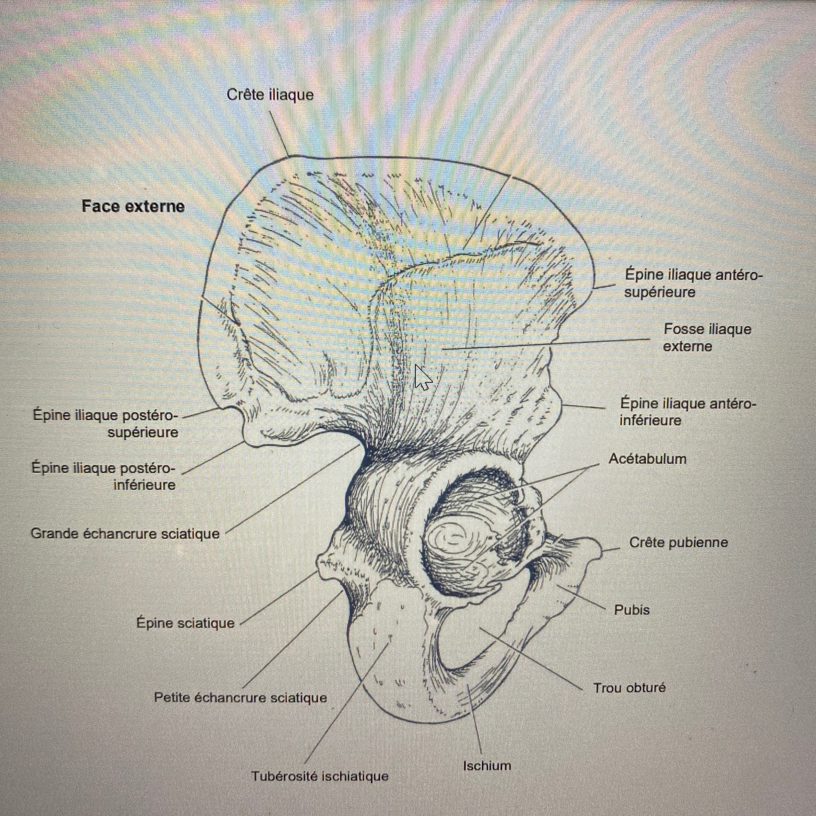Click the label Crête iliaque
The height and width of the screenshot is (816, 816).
tap(270, 95)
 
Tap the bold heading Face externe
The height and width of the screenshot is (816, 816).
tap(133, 206)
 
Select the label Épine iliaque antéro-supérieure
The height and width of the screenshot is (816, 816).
tap(692, 283)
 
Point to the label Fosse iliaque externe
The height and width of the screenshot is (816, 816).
tap(707, 338)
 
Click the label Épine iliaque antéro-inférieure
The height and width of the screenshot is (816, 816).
tap(688, 412)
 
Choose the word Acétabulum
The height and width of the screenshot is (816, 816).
tap(647, 459)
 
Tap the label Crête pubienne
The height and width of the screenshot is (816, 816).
tap(678, 543)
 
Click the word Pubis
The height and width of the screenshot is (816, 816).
tap(631, 610)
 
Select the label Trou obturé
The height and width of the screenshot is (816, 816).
tap(629, 688)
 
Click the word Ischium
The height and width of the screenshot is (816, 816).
tap(487, 766)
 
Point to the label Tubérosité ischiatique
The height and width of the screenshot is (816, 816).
tap(319, 776)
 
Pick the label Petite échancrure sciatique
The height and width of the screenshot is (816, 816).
tap(240, 697)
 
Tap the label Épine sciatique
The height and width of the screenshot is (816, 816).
tap(185, 623)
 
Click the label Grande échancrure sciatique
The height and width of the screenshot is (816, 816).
tap(125, 533)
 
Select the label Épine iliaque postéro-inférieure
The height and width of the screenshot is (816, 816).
tap(103, 477)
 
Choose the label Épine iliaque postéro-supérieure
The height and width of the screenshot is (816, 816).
tap(105, 423)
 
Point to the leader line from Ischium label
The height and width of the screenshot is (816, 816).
tap(475, 722)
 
